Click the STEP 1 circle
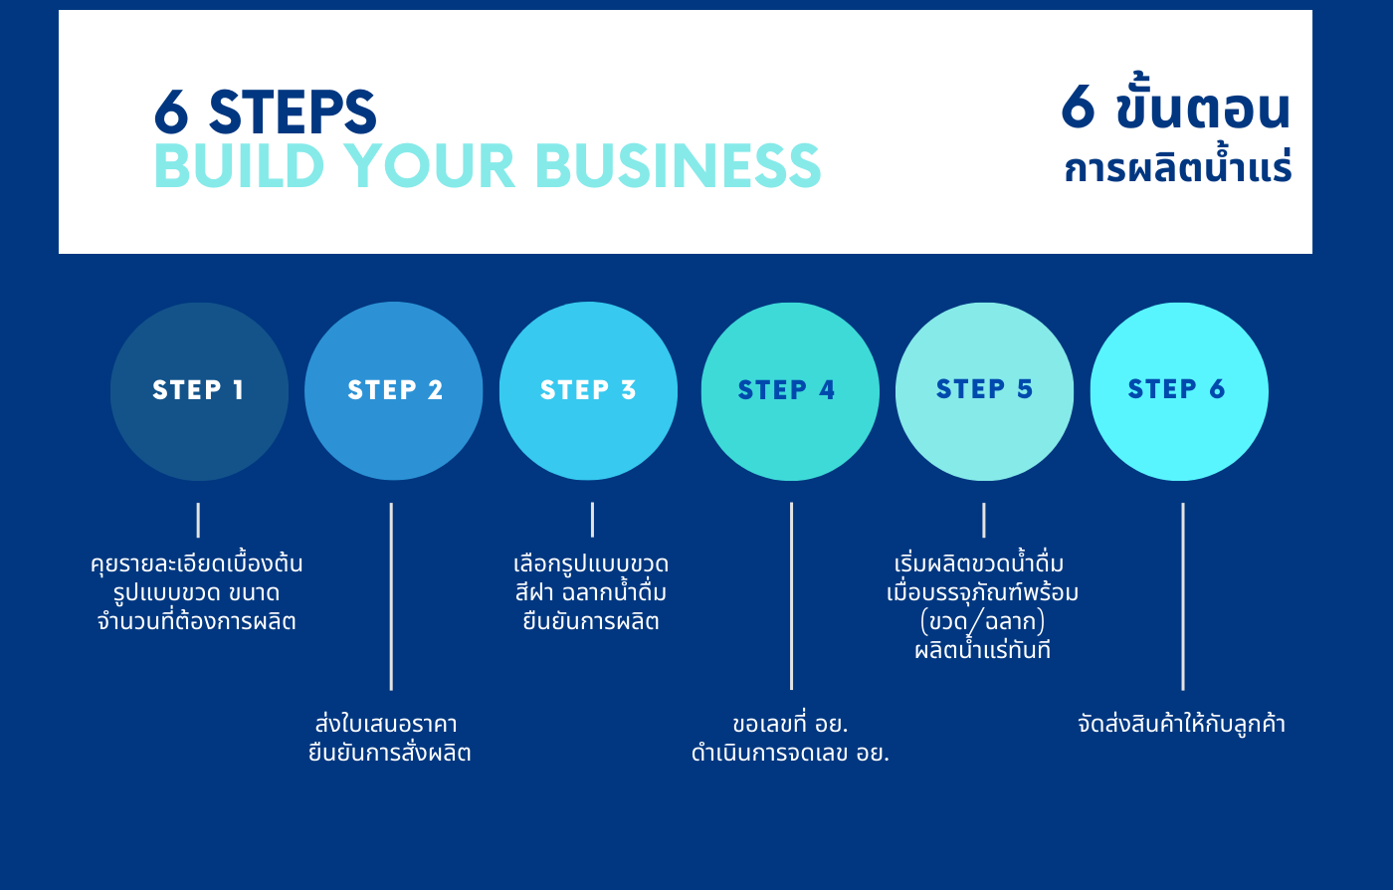point(199,391)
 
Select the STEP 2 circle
point(394,391)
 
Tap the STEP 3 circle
point(588,391)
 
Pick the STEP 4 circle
point(790,391)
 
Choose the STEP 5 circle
point(984,391)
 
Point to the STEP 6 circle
point(1179,391)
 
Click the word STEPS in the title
point(293,112)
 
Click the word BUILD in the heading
point(240,165)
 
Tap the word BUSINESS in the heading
point(678,165)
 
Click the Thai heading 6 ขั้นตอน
point(1175,103)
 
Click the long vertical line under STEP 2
point(391,596)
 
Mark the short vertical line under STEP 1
point(198,521)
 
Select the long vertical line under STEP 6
point(1183,596)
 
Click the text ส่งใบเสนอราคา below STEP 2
point(386,724)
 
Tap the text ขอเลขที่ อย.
point(790,724)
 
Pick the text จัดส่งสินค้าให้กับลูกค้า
point(1182,724)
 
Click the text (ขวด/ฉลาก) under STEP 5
point(983,622)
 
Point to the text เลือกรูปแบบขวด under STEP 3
point(591,563)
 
